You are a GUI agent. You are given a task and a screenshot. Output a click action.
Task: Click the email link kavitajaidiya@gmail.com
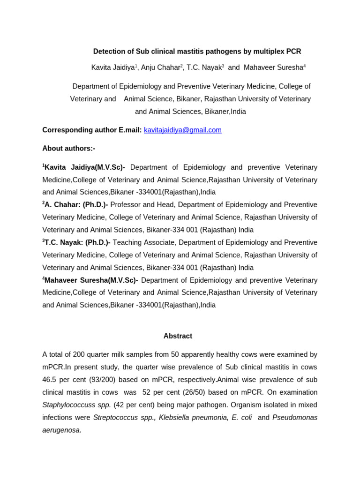182,130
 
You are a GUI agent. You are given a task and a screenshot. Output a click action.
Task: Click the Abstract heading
178,336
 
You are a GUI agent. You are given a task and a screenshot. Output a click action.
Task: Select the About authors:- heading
69,149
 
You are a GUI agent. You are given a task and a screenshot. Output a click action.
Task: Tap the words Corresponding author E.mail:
92,130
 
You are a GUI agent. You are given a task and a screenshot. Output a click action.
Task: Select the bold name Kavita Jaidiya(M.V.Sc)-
85,168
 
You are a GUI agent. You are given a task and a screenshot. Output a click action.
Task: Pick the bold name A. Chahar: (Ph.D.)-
76,205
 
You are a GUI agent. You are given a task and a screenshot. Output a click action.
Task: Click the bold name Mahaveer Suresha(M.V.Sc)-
91,280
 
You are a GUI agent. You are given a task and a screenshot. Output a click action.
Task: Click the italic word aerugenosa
61,430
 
